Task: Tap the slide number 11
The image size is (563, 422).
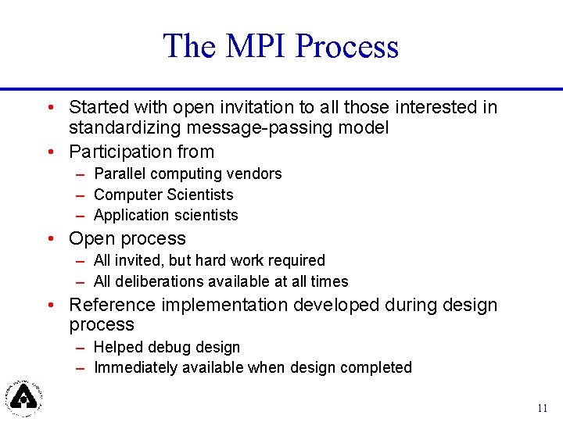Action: (x=543, y=408)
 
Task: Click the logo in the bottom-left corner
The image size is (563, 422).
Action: (x=24, y=396)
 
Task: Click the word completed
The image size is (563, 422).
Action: (x=379, y=367)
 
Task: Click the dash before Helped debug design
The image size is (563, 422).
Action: (x=81, y=347)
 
